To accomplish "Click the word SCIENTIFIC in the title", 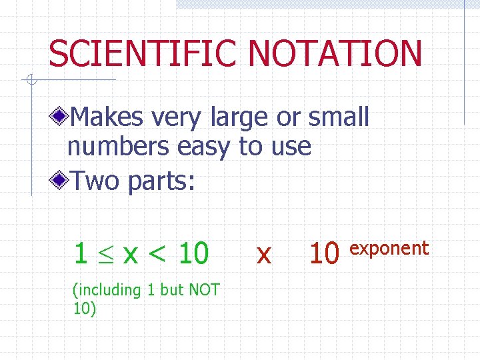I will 141,53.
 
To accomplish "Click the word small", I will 338,117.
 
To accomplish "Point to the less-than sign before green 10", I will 159,254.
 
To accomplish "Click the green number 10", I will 193,253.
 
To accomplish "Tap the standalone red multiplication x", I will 264,254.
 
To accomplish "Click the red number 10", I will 325,253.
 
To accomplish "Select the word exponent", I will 389,249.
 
